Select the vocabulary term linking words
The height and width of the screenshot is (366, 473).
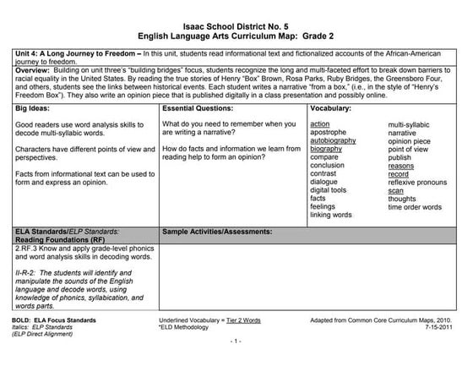coord(331,215)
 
